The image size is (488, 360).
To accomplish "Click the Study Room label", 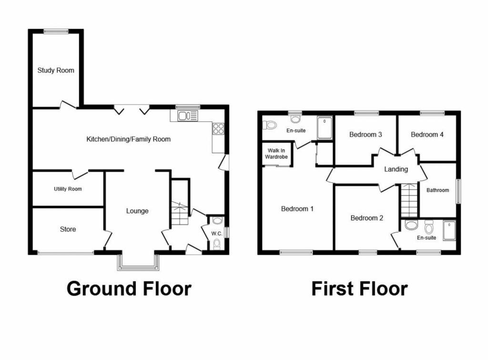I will [x=56, y=70].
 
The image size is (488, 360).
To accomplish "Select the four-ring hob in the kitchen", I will [x=218, y=128].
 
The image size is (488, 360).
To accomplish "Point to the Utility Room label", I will [x=68, y=189].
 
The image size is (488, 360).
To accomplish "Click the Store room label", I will [x=68, y=230].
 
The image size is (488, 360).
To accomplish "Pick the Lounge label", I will [x=137, y=211].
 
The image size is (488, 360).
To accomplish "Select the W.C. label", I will [x=217, y=234].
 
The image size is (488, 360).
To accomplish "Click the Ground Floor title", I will [x=129, y=289].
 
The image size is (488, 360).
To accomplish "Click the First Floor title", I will [x=359, y=289].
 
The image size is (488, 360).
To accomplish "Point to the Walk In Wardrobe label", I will [x=277, y=153].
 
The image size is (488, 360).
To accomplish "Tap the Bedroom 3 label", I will [x=366, y=135].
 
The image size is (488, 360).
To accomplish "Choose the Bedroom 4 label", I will [x=427, y=135].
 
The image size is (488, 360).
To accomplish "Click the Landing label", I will [x=396, y=169].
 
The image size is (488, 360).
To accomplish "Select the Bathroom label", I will [x=437, y=190].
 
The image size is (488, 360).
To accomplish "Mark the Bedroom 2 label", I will [x=367, y=218].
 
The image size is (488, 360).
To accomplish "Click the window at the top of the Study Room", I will [x=56, y=31].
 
